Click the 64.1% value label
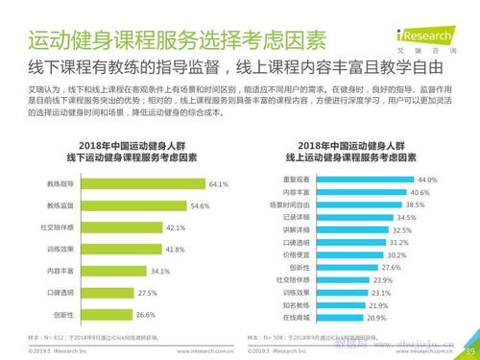[x=219, y=182]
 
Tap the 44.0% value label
[x=427, y=179]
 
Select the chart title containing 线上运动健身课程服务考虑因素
[x=360, y=156]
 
